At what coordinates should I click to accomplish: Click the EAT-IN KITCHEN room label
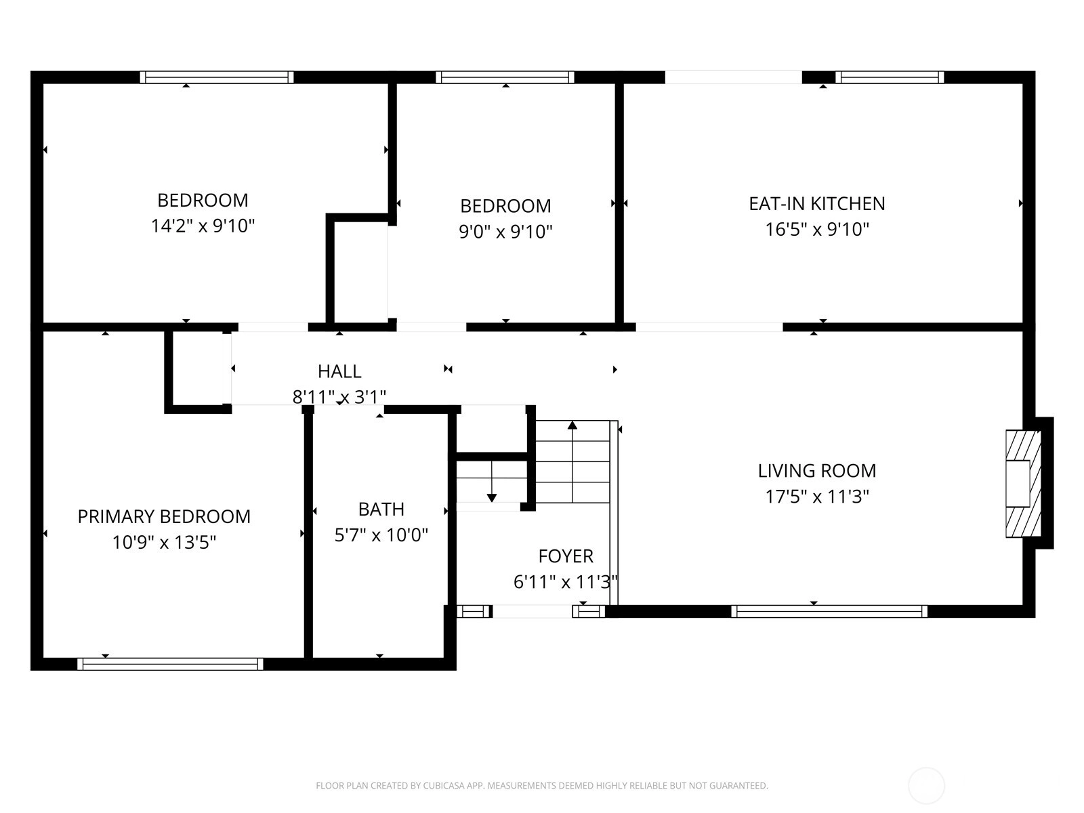pos(817,203)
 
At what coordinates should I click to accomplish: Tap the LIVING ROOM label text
pos(817,470)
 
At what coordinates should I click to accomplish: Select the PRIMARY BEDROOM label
pos(164,516)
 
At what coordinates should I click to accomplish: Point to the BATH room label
pos(381,509)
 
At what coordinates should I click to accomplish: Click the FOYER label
pos(566,556)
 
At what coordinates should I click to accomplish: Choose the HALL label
pos(339,371)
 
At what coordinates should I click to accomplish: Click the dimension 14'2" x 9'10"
pos(203,226)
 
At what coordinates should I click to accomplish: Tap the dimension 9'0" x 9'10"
pos(505,232)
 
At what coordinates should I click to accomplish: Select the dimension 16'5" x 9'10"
pos(817,229)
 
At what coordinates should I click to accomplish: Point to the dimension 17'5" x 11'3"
pos(817,496)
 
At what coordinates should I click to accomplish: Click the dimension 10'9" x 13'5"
pos(164,542)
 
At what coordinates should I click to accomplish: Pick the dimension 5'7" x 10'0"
pos(381,535)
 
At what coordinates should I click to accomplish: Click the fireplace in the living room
pos(1023,484)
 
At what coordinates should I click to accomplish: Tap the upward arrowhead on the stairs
pos(572,425)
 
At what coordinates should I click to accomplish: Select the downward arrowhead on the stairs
pos(491,498)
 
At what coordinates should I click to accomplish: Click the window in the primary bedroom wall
pos(170,664)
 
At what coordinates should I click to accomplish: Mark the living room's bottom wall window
pos(829,611)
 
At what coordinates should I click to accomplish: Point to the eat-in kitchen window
pos(890,77)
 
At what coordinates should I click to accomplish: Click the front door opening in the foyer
pos(533,611)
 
